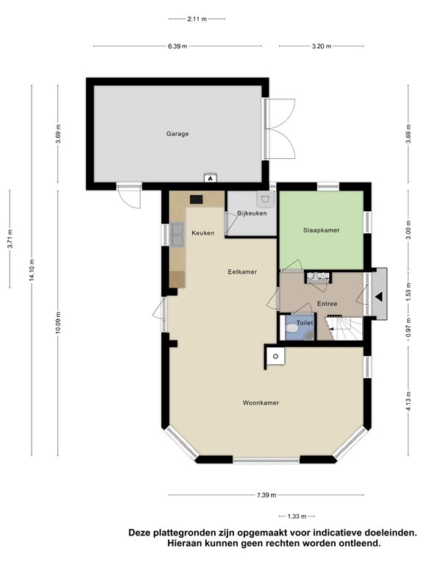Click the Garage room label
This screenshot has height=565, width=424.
177,134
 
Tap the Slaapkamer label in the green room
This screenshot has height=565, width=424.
321,230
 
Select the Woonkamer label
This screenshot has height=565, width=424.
261,403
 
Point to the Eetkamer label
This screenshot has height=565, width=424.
242,271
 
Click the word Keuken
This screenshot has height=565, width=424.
203,233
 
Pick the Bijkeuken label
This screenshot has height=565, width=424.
252,213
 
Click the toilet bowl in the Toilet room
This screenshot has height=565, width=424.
290,329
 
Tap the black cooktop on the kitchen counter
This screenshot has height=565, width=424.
197,199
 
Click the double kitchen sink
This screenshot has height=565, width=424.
177,235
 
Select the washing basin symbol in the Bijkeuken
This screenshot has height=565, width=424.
265,199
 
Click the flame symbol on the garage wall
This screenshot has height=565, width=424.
211,178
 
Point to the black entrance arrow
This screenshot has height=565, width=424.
378,297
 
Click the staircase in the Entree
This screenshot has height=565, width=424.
344,328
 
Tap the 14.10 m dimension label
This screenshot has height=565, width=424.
32,270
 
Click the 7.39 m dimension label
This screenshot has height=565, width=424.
266,495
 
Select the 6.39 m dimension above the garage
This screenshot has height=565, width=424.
177,46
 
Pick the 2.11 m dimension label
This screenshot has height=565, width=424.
197,19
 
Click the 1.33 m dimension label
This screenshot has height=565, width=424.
297,516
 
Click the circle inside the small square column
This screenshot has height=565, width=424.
276,356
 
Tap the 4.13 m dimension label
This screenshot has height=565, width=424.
409,401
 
